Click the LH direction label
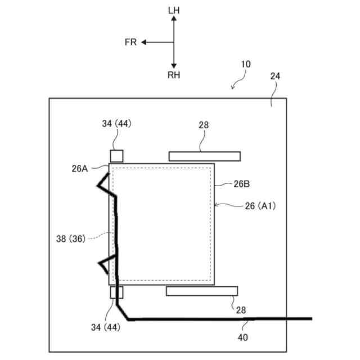173,10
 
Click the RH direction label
173,75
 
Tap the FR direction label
130,42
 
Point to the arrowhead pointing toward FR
144,42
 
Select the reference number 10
245,64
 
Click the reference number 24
275,76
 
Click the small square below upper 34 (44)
116,156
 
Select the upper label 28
204,125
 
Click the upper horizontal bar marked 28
205,156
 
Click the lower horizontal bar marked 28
202,291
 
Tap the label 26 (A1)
260,206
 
